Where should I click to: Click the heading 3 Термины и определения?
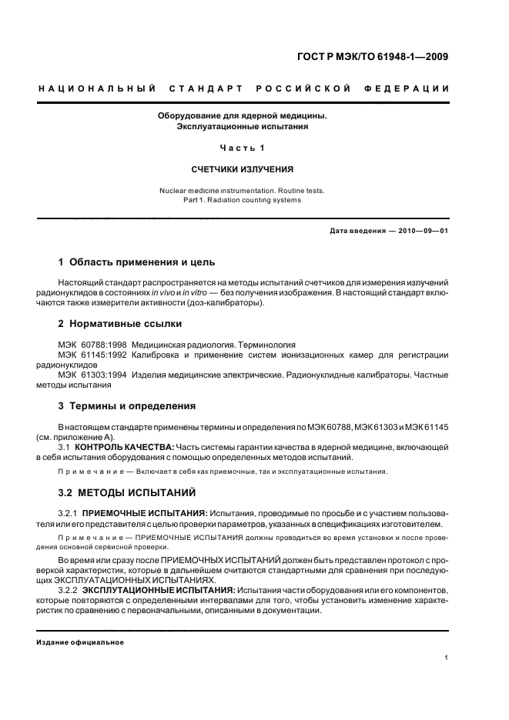tap(127, 405)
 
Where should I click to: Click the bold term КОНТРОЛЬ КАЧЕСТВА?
tap(128, 446)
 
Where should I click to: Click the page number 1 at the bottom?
tap(447, 657)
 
